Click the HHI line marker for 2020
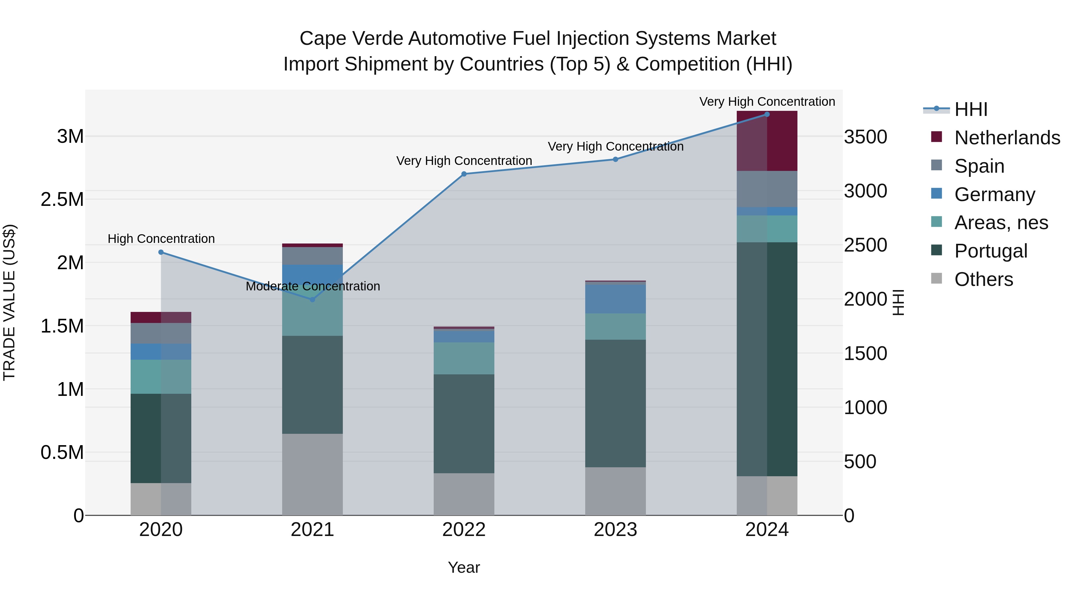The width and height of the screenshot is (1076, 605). pyautogui.click(x=161, y=252)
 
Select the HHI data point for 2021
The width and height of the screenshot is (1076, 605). pyautogui.click(x=312, y=299)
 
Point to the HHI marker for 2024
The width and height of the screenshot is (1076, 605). pyautogui.click(x=767, y=114)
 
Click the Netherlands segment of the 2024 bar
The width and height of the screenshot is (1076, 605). pyautogui.click(x=767, y=141)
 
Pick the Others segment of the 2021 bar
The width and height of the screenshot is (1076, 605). pyautogui.click(x=312, y=474)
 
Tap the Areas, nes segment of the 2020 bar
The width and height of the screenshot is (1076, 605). pyautogui.click(x=161, y=377)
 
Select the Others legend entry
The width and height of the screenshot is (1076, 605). pyautogui.click(x=983, y=279)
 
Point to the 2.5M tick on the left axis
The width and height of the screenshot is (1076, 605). pyautogui.click(x=62, y=200)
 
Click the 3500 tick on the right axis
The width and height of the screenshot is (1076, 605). pyautogui.click(x=866, y=137)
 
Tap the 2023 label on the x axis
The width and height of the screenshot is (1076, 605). pyautogui.click(x=615, y=530)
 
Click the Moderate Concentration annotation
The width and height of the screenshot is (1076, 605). pyautogui.click(x=313, y=287)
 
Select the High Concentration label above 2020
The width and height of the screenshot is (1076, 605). pyautogui.click(x=161, y=239)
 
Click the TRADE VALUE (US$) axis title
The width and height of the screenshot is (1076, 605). pyautogui.click(x=9, y=302)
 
